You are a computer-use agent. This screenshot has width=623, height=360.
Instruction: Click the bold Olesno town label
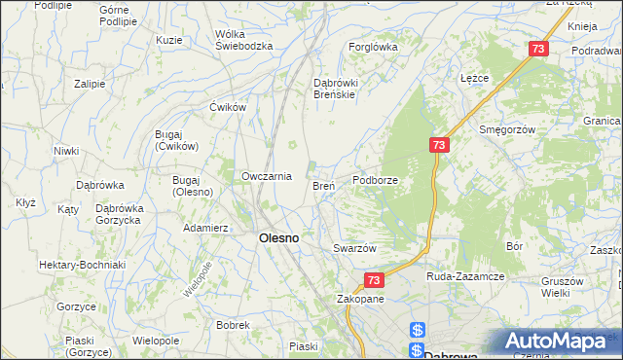pos(277,237)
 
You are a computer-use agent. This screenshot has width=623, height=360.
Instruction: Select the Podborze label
pos(377,180)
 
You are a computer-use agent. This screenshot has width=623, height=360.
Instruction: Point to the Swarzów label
pos(354,248)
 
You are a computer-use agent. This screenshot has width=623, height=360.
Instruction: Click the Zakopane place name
pos(360,299)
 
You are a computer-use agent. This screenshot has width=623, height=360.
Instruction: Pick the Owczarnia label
pos(267,176)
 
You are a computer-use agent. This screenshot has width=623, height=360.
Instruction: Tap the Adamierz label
pos(205,228)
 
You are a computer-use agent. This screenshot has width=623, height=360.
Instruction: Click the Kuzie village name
pos(169,40)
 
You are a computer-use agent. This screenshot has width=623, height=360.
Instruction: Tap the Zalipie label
pos(89,84)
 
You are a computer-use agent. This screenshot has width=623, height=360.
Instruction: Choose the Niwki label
pos(66,151)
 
